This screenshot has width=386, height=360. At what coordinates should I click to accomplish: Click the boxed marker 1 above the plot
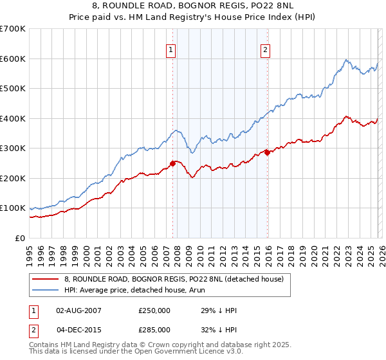pyautogui.click(x=172, y=50)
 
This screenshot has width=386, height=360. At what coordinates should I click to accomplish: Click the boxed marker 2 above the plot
pyautogui.click(x=266, y=50)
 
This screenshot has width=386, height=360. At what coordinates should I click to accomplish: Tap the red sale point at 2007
pyautogui.click(x=172, y=163)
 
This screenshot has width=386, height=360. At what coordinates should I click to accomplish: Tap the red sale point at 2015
pyautogui.click(x=267, y=152)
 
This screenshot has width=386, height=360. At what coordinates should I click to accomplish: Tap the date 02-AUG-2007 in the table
pyautogui.click(x=78, y=310)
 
